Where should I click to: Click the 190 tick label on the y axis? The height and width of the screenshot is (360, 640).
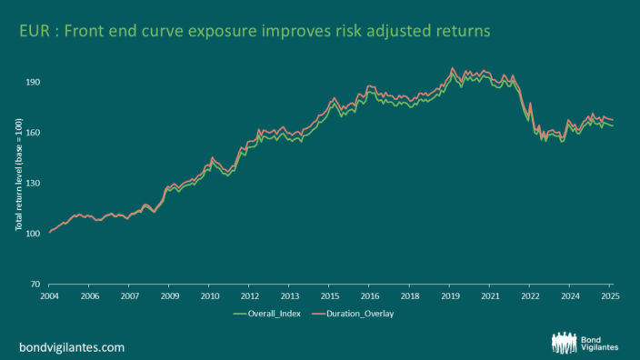tap(34, 82)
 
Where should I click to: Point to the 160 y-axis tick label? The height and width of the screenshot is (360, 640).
tap(34, 133)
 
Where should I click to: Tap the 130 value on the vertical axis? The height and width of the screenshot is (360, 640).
tap(34, 184)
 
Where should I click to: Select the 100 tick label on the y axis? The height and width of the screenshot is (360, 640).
tap(34, 234)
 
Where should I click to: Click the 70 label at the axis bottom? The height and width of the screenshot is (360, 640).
tap(35, 284)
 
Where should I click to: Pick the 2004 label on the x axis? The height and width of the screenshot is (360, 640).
tap(49, 296)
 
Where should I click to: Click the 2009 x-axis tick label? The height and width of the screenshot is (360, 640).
tap(169, 296)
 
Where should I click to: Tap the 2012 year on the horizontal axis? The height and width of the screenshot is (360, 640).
tap(249, 296)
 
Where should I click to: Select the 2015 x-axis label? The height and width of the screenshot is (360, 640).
tap(329, 296)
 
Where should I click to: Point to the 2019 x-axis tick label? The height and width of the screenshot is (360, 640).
tap(450, 296)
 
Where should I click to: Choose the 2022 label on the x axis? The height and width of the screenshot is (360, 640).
tap(530, 296)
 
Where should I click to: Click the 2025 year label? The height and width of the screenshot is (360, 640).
tap(610, 296)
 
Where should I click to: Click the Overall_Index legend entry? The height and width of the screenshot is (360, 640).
tap(267, 314)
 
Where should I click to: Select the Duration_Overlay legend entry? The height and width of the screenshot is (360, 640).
tap(353, 314)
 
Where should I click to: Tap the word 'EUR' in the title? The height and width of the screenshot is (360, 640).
tap(35, 31)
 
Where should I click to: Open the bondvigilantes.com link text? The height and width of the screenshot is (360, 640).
tap(72, 347)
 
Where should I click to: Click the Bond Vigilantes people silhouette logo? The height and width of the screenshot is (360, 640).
tap(564, 343)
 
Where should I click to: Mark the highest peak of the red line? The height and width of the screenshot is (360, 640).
tap(452, 68)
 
